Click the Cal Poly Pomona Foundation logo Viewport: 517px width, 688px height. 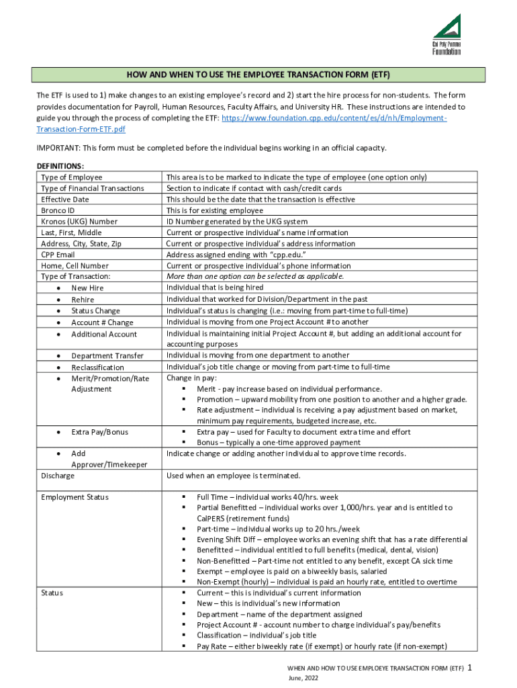click(x=446, y=35)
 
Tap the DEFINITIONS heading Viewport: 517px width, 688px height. click(x=60, y=166)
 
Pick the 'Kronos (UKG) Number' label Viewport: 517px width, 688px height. click(x=79, y=221)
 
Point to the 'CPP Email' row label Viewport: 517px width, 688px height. click(x=58, y=255)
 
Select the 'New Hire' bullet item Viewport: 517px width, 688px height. click(x=87, y=288)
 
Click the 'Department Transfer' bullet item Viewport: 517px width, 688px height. click(x=107, y=355)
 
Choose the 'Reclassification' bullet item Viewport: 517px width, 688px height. click(x=97, y=368)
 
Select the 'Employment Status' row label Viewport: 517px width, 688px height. click(x=74, y=497)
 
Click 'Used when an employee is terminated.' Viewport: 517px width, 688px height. click(x=233, y=476)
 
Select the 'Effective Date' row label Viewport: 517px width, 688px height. click(x=64, y=200)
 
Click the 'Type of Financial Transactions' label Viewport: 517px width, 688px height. click(x=92, y=188)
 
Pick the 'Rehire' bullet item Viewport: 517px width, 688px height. click(x=83, y=300)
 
